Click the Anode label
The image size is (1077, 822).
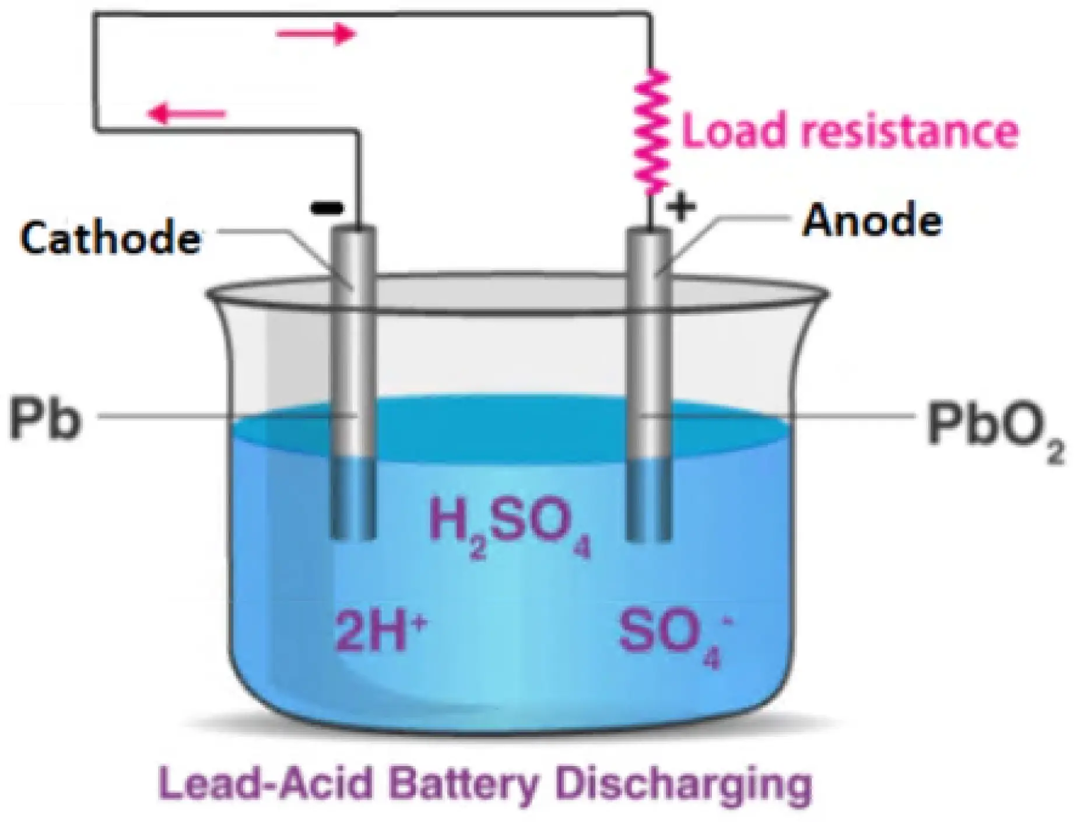tap(872, 221)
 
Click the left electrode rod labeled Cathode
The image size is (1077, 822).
tap(353, 350)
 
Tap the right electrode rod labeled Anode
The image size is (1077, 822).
tap(648, 350)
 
